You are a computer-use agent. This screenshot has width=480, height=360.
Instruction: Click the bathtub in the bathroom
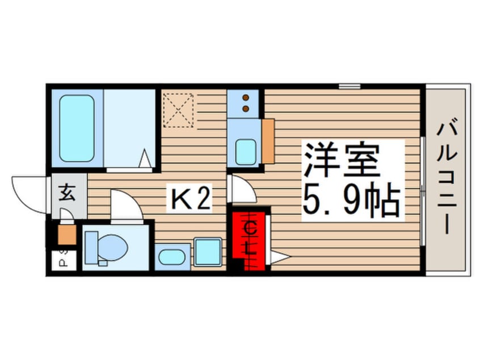point(77,128)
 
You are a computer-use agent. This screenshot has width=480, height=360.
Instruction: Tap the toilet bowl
point(112,247)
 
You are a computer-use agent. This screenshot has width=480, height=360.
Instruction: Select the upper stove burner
point(246,98)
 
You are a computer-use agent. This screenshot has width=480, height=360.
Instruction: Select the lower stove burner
point(246,108)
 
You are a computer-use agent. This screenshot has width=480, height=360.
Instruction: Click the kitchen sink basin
point(246,152)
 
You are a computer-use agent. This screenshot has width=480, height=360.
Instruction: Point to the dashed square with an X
point(178,110)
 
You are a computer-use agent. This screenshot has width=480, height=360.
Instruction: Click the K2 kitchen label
point(189,198)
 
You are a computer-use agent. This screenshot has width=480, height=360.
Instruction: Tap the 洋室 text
point(342,160)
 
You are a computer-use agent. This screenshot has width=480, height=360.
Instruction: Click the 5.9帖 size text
point(351,199)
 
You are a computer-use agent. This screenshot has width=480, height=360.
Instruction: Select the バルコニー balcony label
point(447,179)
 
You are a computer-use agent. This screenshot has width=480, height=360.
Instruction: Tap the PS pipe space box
point(64,261)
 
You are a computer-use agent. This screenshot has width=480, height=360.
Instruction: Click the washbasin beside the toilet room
point(172,257)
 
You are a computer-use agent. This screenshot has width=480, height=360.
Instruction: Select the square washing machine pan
point(208,252)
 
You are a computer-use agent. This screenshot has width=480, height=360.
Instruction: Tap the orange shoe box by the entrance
point(67,235)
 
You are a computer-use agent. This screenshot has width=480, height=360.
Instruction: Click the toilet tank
point(91,248)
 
